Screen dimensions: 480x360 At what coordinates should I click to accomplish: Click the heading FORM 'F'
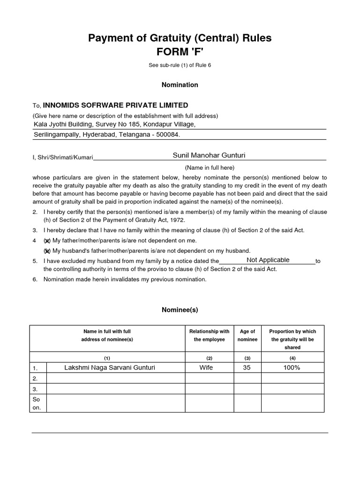point(180,52)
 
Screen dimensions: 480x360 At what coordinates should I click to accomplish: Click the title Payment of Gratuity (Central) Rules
point(180,38)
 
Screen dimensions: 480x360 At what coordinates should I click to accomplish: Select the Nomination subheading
point(180,85)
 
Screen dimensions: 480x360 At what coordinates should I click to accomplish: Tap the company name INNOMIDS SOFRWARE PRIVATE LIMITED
point(116,105)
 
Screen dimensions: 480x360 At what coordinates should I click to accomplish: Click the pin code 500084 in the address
point(167,135)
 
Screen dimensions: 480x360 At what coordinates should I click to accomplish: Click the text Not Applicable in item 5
point(268,260)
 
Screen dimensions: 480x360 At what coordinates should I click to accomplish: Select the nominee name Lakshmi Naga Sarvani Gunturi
point(109,367)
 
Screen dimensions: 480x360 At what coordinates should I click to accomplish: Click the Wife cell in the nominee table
point(206,367)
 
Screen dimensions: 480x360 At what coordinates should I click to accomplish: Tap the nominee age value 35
point(247,367)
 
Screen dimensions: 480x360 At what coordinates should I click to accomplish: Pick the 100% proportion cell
point(292,367)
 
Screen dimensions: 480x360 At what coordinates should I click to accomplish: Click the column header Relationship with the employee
point(209,336)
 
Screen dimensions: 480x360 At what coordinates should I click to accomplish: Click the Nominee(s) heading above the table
point(180,310)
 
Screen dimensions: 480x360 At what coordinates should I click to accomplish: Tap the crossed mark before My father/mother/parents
point(47,240)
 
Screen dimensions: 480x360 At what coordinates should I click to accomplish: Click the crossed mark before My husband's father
point(47,251)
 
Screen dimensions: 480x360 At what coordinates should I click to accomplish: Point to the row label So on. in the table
point(37,404)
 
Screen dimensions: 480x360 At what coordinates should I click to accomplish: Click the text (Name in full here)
point(209,167)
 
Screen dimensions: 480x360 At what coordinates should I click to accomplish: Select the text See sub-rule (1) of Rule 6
point(180,65)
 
